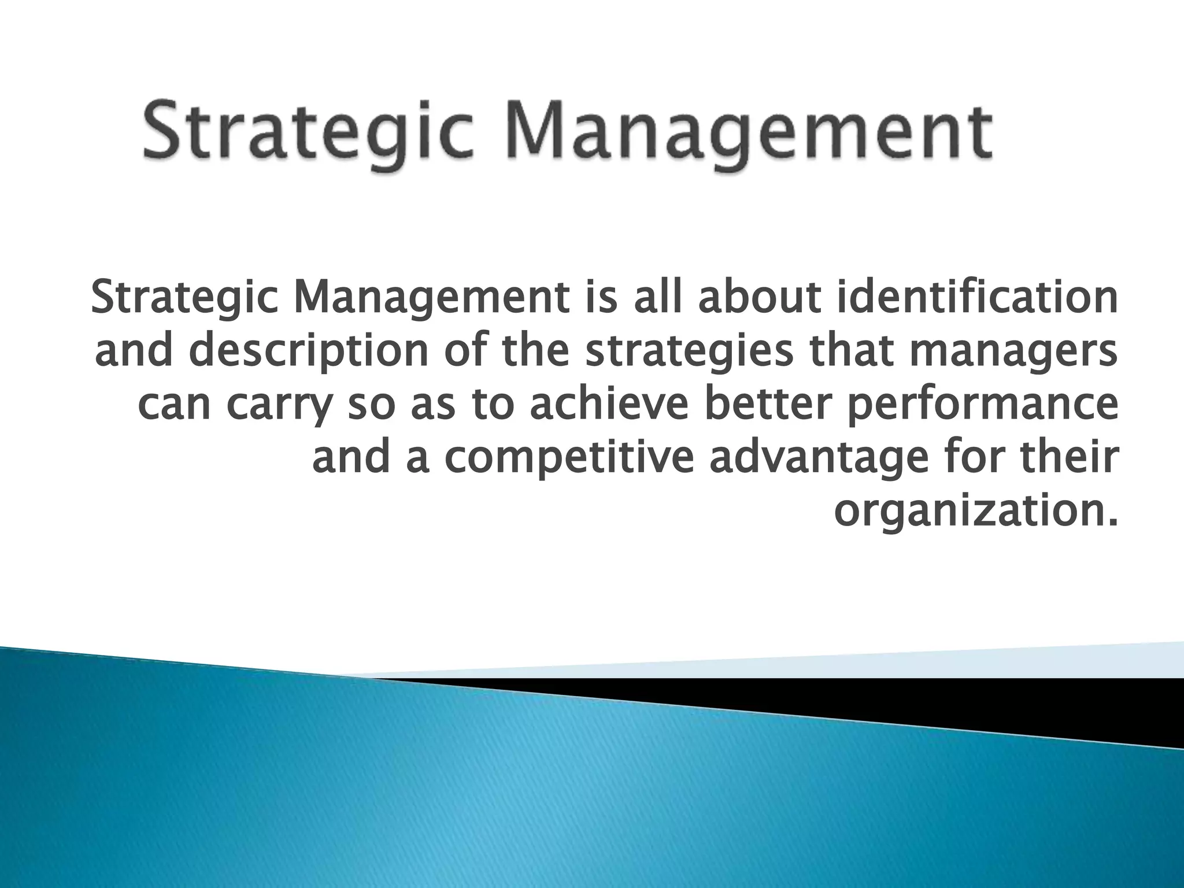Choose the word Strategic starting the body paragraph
184,298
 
